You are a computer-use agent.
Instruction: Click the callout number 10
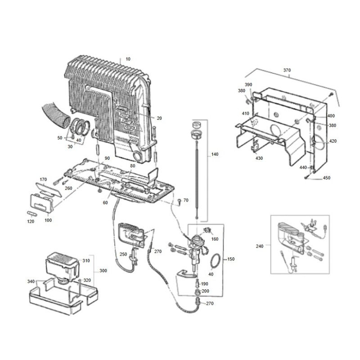[x=128, y=59]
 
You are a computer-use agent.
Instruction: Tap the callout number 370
[x=287, y=70]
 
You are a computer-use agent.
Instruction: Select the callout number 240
[x=260, y=246]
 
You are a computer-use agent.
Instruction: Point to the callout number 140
[x=214, y=154]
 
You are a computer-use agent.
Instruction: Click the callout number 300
[x=103, y=271]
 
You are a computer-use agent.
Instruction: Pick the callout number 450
[x=327, y=178]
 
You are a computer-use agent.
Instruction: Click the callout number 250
[x=123, y=255]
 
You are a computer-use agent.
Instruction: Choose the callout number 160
[x=215, y=239]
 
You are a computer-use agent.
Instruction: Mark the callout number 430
[x=259, y=158]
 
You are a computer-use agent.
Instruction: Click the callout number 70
[x=186, y=199]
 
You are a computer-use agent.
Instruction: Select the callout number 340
[x=31, y=281]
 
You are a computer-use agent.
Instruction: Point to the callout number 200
[x=205, y=292]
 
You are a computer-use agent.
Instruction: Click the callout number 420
[x=333, y=141]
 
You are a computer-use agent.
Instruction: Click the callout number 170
[x=44, y=179]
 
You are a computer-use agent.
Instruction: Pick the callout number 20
[x=159, y=118]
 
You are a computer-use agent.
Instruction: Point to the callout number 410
[x=245, y=114]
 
